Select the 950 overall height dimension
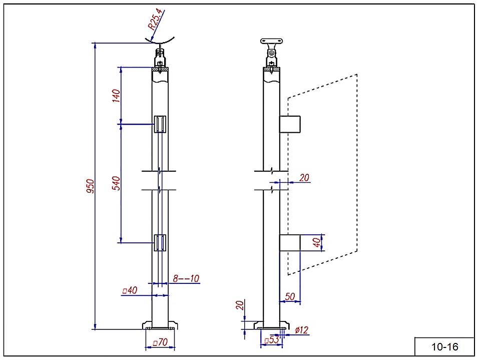click(91, 187)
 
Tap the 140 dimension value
click(116, 95)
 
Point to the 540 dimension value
click(116, 183)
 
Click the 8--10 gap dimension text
click(186, 278)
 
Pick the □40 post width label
click(130, 290)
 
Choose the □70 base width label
click(160, 343)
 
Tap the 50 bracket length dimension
click(289, 296)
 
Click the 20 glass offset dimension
click(303, 177)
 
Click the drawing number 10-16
click(444, 347)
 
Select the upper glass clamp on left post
click(160, 124)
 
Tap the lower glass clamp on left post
click(160, 242)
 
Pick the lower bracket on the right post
click(290, 243)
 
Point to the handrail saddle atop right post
click(272, 42)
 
